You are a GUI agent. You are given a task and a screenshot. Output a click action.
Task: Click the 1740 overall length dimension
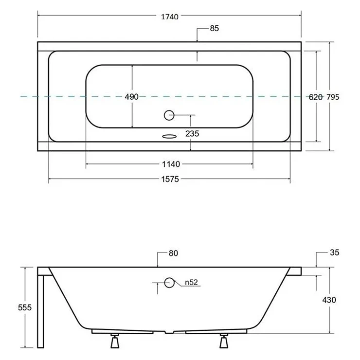coord(170,17)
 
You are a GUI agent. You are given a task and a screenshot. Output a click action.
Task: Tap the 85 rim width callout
coord(215,28)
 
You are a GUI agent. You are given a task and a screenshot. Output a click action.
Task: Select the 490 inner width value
coord(131,97)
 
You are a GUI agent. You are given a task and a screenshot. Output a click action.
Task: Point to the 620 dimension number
coord(316,97)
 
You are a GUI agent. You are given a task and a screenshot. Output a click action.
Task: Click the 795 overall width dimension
coord(333,97)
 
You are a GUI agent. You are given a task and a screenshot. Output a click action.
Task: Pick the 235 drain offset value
coord(192,134)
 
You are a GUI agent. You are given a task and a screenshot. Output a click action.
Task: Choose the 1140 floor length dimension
coord(171,164)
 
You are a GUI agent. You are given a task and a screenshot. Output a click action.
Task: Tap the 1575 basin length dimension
coord(170,179)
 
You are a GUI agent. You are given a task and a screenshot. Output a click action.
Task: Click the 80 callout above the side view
coord(173,253)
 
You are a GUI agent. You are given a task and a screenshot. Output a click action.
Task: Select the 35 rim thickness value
coord(335,252)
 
